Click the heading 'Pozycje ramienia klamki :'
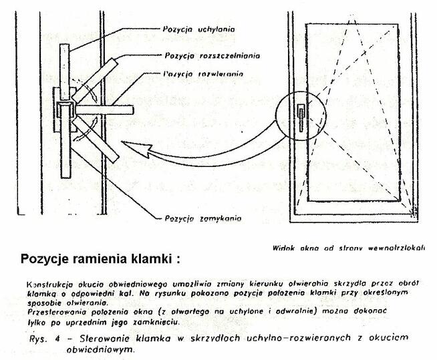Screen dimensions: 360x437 click(x=100, y=258)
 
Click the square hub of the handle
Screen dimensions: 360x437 click(x=67, y=110)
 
